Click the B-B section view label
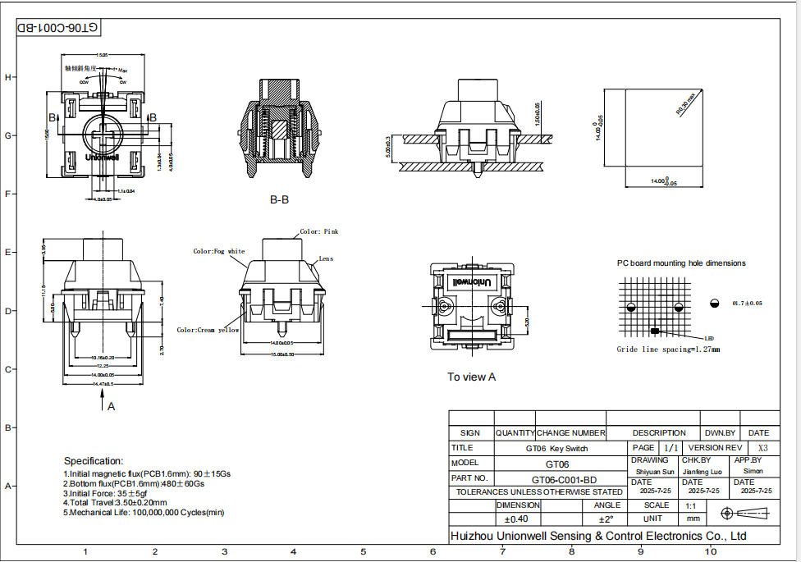(x=279, y=199)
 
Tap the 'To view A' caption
(x=471, y=377)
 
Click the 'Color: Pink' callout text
(x=318, y=232)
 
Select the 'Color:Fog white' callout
(x=218, y=251)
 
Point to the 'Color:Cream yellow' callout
(x=208, y=330)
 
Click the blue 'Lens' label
(x=326, y=258)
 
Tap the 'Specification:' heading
(x=94, y=461)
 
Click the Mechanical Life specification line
(x=144, y=513)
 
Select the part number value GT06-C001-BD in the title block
(x=564, y=479)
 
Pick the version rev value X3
(x=762, y=448)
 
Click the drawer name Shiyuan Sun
(x=655, y=472)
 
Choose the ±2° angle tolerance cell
(x=606, y=519)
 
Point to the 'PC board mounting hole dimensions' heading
(x=681, y=263)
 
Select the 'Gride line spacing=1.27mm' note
(x=668, y=350)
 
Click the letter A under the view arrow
(x=112, y=405)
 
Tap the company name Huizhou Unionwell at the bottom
(x=598, y=536)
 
